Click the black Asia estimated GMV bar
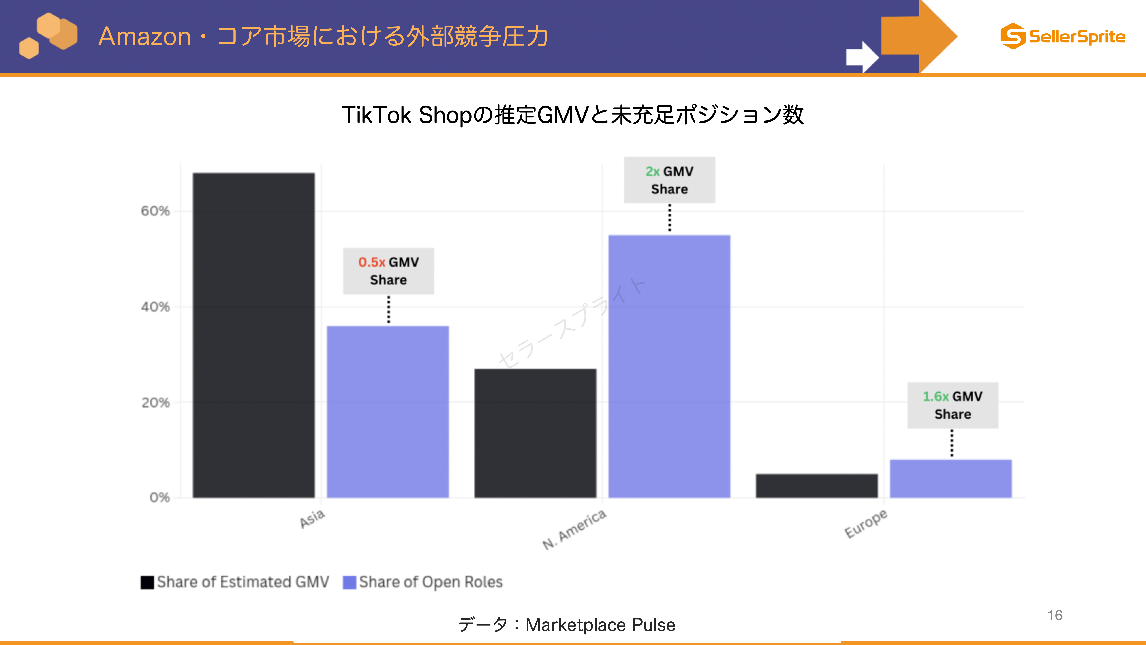(254, 335)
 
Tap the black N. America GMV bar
(535, 433)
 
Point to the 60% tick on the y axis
(155, 211)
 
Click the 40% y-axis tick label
(155, 307)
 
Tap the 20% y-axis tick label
(155, 402)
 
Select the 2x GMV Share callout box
(669, 180)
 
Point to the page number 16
(1055, 615)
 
